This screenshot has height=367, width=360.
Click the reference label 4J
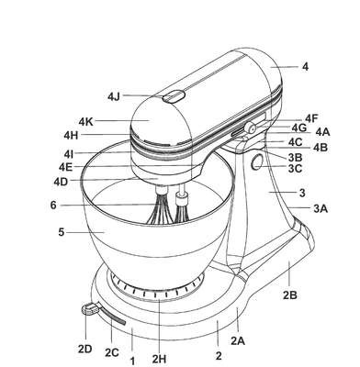click(x=114, y=96)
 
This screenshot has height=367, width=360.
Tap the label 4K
click(x=85, y=122)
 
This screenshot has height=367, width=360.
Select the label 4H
click(x=71, y=135)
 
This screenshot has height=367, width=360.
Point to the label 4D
click(x=61, y=182)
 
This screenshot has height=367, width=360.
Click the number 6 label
click(x=53, y=205)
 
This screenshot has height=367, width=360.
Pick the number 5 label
click(x=62, y=232)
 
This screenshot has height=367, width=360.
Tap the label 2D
click(x=84, y=349)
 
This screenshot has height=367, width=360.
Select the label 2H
click(x=159, y=359)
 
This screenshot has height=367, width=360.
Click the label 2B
click(x=290, y=295)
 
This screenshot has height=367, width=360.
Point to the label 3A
click(x=321, y=209)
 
